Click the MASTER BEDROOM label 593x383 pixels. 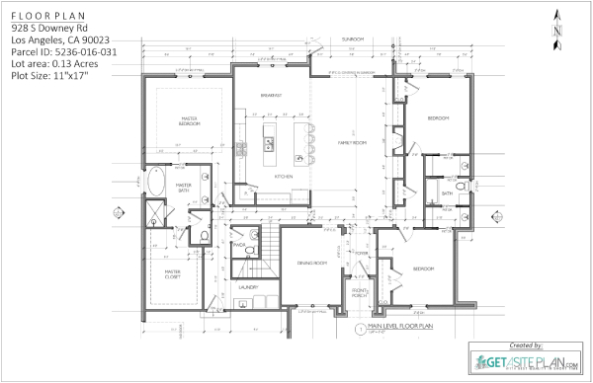coord(191,120)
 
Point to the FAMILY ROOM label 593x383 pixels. coord(352,142)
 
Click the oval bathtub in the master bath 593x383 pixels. coord(158,183)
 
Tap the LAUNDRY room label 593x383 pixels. coord(248,287)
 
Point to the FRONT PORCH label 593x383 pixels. coord(361,292)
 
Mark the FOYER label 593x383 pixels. coord(362,253)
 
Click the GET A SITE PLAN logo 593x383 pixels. coord(525,362)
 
